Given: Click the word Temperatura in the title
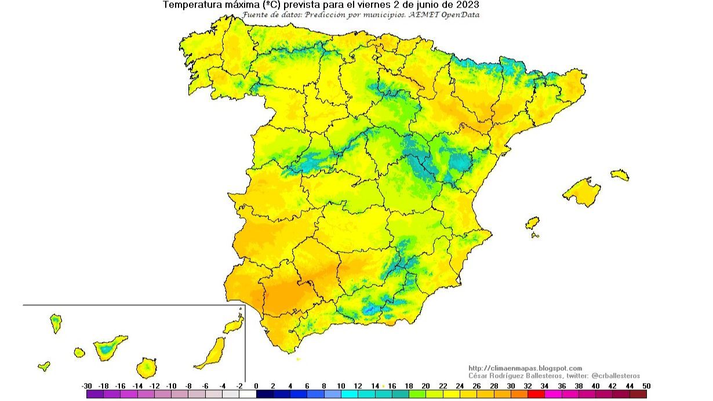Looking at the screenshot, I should tap(190, 5).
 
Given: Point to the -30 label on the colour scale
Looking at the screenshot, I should tap(87, 386).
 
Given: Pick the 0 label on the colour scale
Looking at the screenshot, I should tap(256, 386).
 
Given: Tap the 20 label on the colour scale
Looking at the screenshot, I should tap(425, 386).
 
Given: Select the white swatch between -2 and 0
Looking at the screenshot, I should tap(248, 394).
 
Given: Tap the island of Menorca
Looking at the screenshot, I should tap(619, 174).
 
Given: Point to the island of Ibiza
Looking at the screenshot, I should tap(532, 223).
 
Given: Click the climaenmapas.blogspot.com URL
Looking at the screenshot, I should tap(525, 368).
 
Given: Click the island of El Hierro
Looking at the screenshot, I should tap(43, 366).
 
